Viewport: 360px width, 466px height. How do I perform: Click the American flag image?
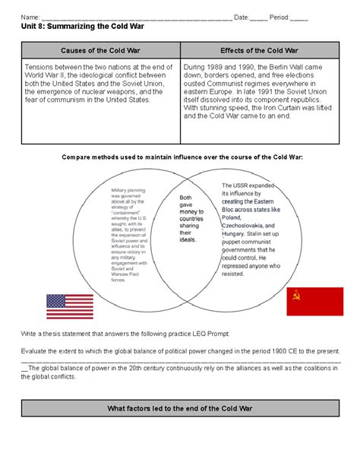[x=70, y=306]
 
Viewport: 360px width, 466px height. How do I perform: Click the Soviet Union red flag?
[x=314, y=301]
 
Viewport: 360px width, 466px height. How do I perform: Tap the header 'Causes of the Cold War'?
[x=99, y=51]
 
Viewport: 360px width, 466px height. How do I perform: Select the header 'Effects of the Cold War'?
[x=258, y=51]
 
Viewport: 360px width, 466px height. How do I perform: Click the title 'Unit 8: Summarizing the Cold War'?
[x=76, y=27]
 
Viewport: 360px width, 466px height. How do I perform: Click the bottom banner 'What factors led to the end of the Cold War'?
[x=180, y=410]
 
